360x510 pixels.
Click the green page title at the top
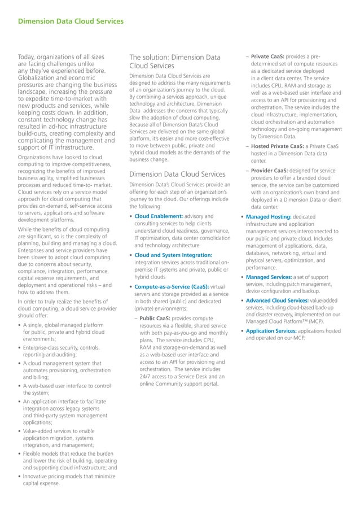(x=71, y=22)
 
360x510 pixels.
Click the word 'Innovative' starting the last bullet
(x=39, y=476)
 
